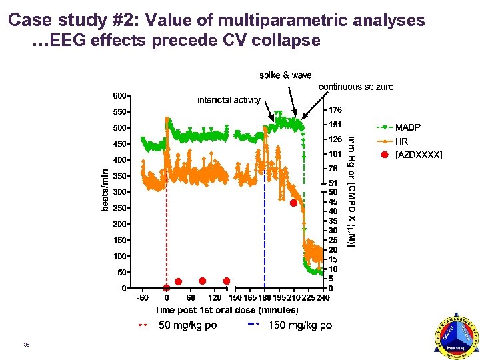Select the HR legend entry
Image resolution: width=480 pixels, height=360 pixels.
pos(401,141)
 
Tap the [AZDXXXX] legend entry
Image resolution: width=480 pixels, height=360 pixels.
pos(418,155)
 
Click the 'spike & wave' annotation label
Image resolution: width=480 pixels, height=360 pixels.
pos(285,75)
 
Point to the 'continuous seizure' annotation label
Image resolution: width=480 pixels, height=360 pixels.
pos(356,87)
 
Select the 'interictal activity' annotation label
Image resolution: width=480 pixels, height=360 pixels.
pos(229,100)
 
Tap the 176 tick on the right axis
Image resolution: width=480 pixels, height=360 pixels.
pos(335,109)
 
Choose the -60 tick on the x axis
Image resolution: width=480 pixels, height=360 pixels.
pos(142,297)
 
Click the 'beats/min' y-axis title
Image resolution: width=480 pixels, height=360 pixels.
pos(105,190)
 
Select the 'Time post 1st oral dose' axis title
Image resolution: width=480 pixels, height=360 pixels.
pos(227,310)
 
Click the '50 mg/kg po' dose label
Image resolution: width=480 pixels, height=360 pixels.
pos(187,326)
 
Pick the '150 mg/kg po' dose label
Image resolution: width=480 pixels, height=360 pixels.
pos(299,326)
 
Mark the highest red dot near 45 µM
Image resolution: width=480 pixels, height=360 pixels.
pos(293,203)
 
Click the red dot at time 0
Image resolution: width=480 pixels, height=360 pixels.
pos(167,288)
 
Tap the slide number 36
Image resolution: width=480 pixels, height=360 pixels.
pos(27,345)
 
